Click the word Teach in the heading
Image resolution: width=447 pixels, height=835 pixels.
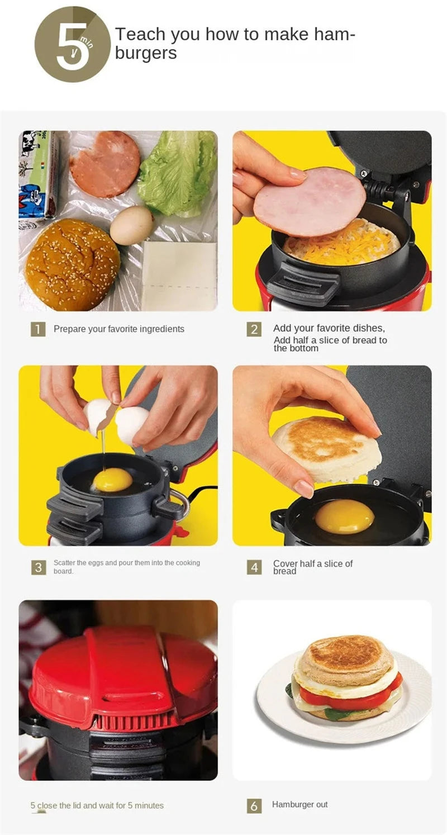point(140,35)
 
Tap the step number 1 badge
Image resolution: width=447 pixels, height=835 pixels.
point(37,329)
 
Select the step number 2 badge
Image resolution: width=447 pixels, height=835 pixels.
point(254,329)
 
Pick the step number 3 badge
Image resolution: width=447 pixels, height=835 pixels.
point(37,567)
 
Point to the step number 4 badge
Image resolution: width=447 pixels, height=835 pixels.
point(254,567)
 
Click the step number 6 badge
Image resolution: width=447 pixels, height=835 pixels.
point(254,805)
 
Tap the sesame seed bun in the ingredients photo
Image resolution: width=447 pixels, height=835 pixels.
point(73,264)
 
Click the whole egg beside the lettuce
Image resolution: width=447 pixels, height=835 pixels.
point(131,225)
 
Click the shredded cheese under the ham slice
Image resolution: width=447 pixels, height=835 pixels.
point(346,246)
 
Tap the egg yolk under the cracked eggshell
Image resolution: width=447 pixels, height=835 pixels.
point(112,480)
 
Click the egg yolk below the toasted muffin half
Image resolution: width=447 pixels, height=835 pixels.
point(344,516)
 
